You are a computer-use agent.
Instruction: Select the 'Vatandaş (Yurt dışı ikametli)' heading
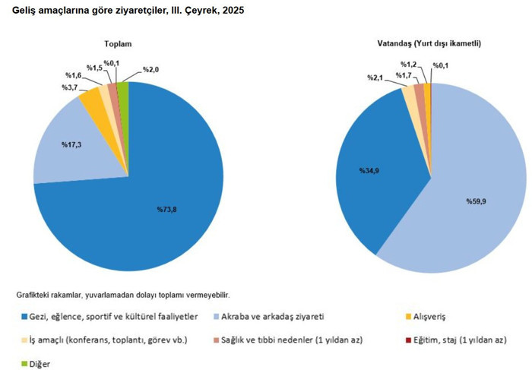[x=429, y=45]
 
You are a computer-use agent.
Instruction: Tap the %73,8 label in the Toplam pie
[x=166, y=209]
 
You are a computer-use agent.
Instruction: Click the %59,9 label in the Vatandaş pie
[x=477, y=202]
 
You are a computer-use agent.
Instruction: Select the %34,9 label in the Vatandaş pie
[x=369, y=170]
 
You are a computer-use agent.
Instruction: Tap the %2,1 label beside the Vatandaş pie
[x=375, y=77]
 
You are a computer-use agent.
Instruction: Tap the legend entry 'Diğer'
[x=40, y=364]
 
